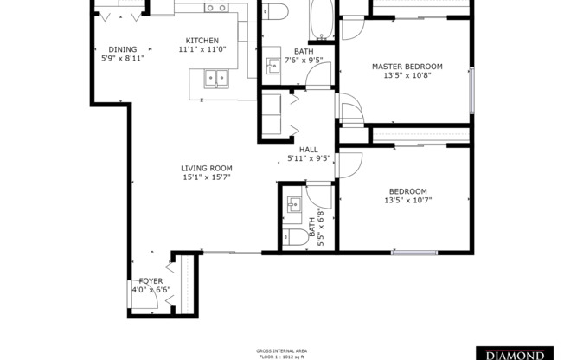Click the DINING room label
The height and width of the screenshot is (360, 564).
[x=117, y=49]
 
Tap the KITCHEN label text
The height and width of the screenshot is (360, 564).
[x=202, y=41]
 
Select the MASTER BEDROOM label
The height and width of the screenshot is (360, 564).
[x=407, y=66]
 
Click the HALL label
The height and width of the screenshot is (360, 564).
[x=309, y=150]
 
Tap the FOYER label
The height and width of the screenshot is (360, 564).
[x=151, y=281]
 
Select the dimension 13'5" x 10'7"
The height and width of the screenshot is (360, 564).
[x=407, y=201]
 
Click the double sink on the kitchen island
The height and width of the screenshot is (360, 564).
[x=216, y=80]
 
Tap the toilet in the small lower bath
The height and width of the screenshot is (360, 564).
[x=295, y=237]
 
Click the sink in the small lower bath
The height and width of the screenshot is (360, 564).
[x=294, y=206]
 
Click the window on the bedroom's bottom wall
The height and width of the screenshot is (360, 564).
[x=413, y=252]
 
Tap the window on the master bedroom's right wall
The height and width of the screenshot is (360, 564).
[x=472, y=89]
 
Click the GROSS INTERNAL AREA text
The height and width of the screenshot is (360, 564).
[x=281, y=349]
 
